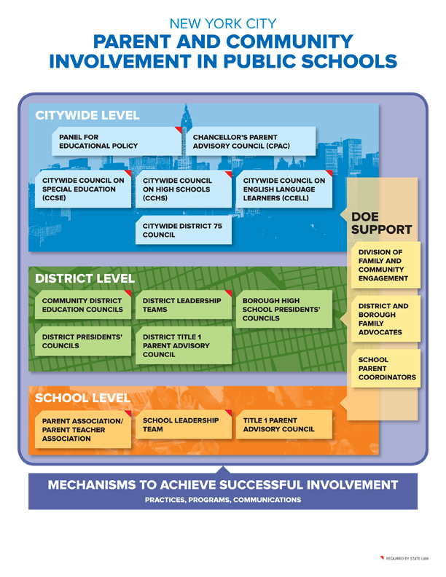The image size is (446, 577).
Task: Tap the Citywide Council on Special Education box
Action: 82,189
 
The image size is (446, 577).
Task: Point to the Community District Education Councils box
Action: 82,305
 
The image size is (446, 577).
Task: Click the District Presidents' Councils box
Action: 82,342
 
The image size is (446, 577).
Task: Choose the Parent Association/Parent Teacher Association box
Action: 82,430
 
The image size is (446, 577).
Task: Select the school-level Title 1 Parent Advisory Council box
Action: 284,425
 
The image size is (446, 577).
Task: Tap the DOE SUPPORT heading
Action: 381,223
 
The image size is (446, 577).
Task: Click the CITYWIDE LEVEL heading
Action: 87,115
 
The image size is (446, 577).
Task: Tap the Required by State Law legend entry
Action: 404,559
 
